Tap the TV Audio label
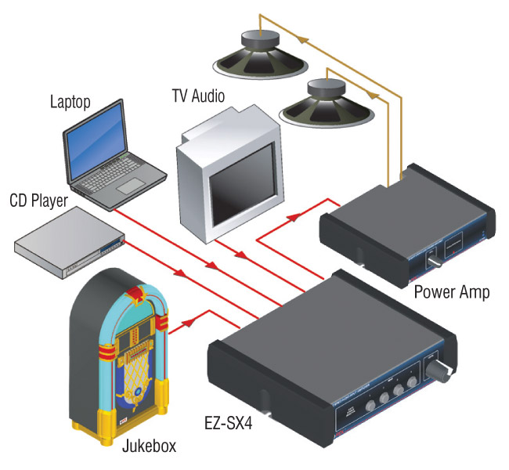pyautogui.click(x=198, y=97)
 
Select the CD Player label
pyautogui.click(x=38, y=201)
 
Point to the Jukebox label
pyautogui.click(x=149, y=446)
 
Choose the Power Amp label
pyautogui.click(x=452, y=292)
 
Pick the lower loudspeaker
pyautogui.click(x=326, y=102)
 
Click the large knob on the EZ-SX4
pyautogui.click(x=439, y=372)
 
